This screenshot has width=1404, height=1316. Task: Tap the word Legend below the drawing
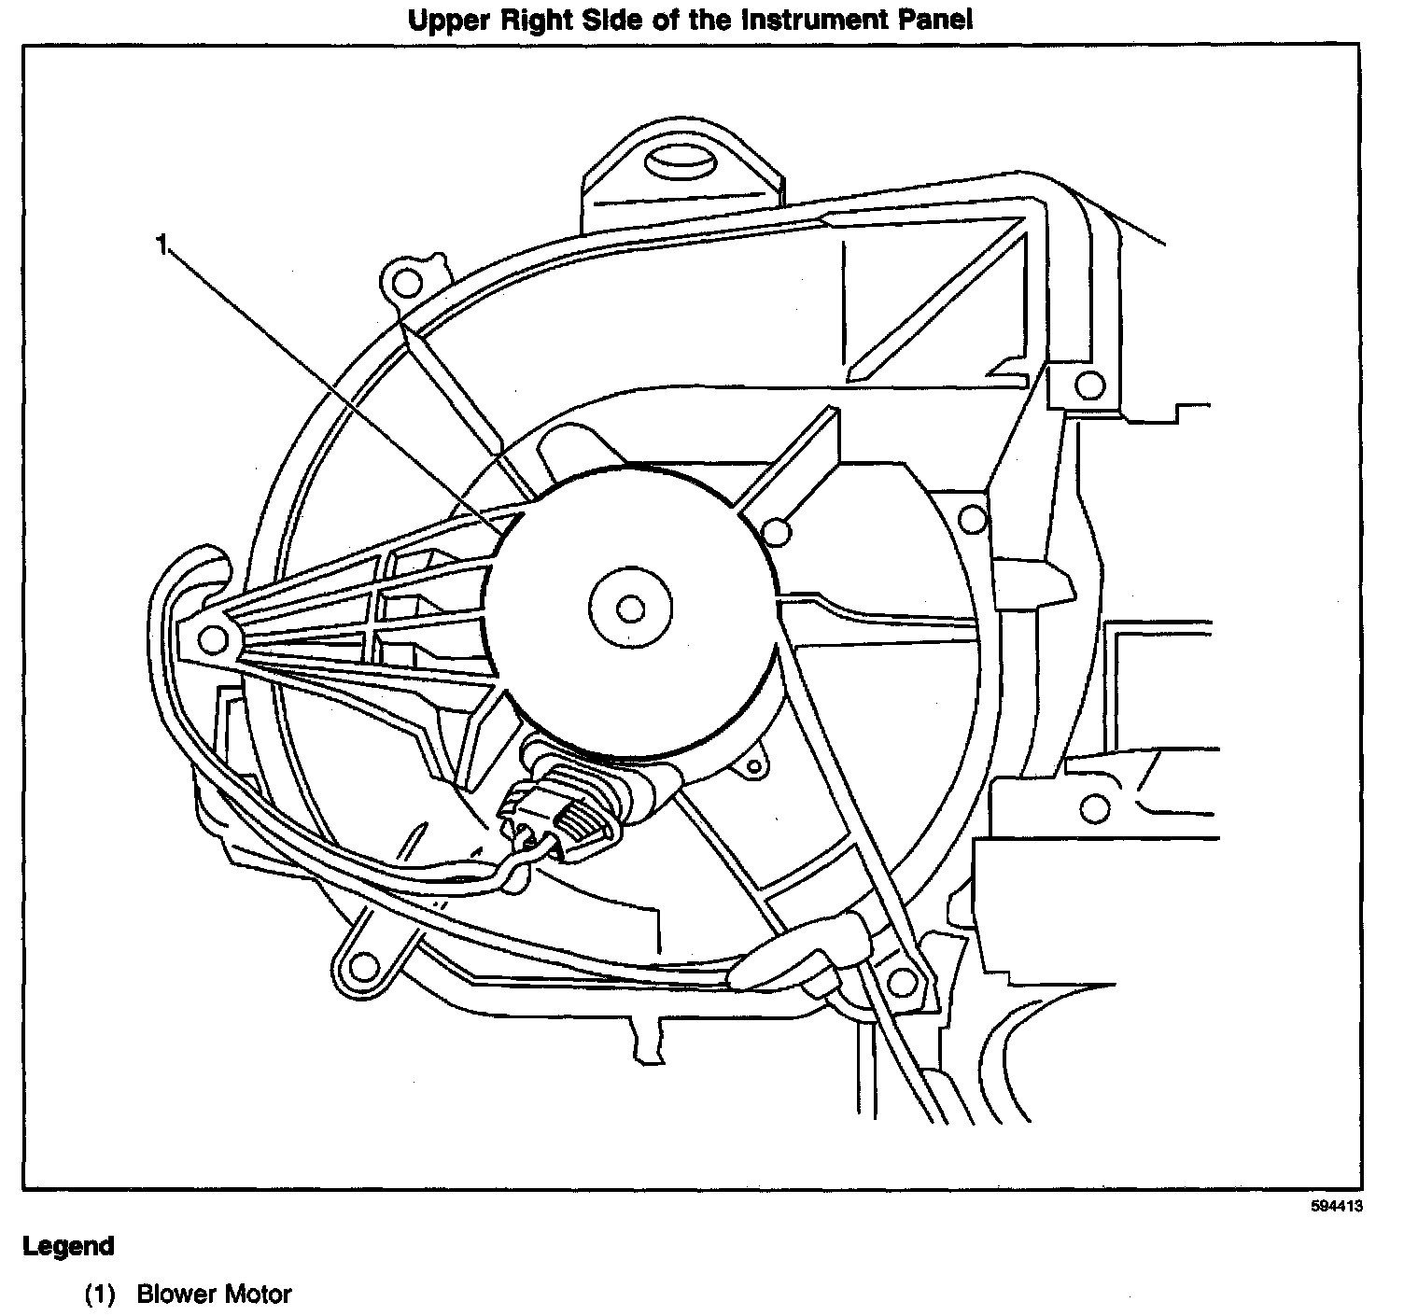68,1246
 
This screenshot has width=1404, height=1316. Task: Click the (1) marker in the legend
100,1295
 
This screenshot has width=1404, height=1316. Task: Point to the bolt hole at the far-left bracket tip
214,639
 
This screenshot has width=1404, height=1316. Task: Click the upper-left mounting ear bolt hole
403,281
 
